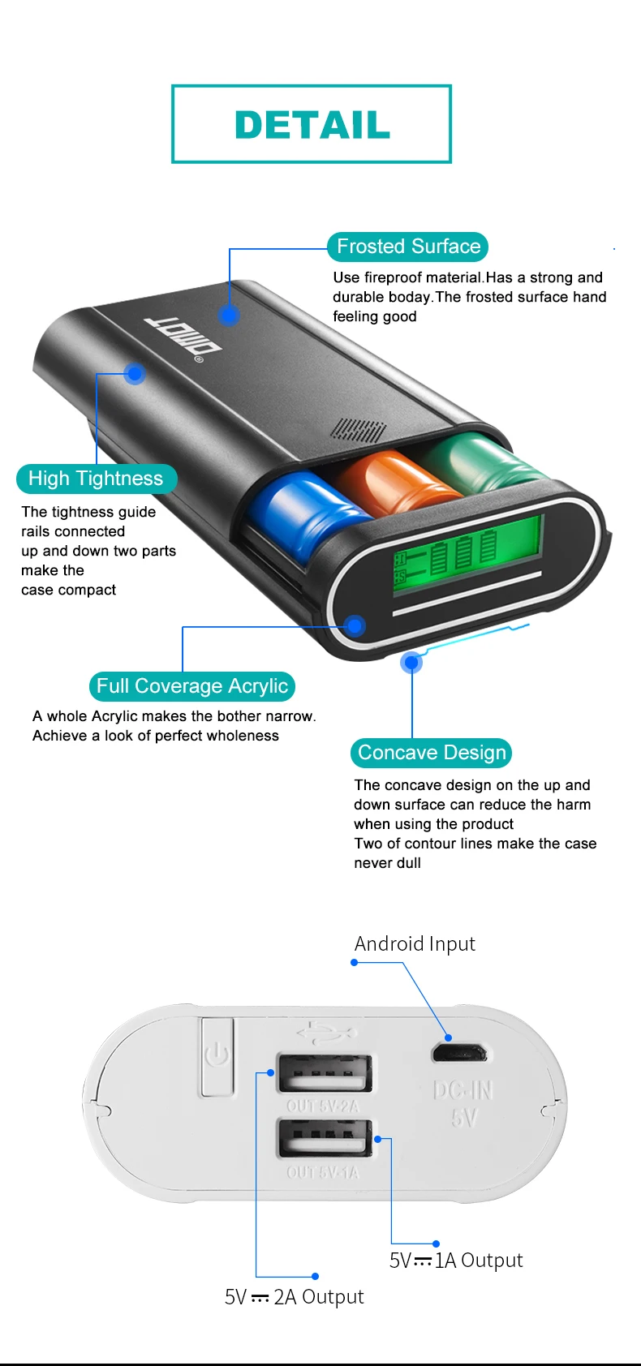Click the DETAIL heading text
[312, 124]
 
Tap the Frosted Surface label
[408, 247]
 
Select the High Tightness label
[97, 479]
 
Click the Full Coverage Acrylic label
[192, 686]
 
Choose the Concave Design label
[431, 753]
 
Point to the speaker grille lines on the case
[358, 430]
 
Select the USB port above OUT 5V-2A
[325, 1072]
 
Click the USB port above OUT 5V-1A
[325, 1138]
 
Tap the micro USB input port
[459, 1053]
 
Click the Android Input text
[415, 944]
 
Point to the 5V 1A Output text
[456, 1261]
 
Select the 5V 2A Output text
[294, 1296]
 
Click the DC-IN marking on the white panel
[463, 1090]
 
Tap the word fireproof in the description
[392, 277]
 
